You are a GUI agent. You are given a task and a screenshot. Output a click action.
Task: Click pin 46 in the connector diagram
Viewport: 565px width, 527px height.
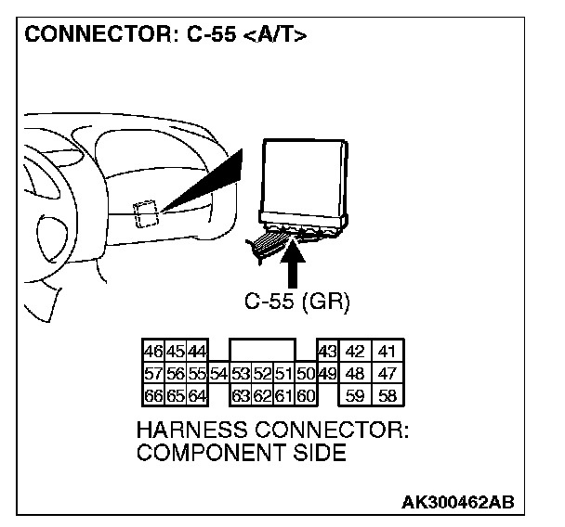[x=152, y=353]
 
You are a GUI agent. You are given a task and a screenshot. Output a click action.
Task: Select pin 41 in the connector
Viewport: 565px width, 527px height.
[x=389, y=353]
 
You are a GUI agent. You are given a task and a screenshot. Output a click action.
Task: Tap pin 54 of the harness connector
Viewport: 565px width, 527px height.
[x=218, y=374]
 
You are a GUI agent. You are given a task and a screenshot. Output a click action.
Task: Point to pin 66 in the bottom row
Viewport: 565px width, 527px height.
[x=152, y=396]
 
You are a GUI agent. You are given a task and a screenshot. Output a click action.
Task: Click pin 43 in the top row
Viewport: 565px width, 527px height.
[x=326, y=353]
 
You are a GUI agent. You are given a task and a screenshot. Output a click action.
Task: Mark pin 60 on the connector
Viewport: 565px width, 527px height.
[x=307, y=396]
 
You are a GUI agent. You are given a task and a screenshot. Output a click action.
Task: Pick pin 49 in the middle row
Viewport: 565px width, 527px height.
[x=326, y=374]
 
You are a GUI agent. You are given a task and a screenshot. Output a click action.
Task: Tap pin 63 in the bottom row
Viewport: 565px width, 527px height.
[x=241, y=396]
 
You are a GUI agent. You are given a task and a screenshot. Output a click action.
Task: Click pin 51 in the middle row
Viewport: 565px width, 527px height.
[x=284, y=374]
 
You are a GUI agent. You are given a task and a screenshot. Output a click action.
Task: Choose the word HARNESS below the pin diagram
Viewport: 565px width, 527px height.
[x=191, y=431]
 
